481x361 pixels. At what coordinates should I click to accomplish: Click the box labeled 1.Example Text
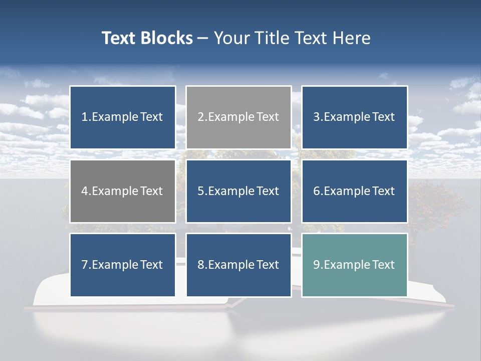pyautogui.click(x=123, y=117)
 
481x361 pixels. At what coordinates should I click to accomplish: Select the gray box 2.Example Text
pyautogui.click(x=238, y=117)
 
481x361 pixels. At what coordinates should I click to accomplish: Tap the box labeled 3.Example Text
pyautogui.click(x=354, y=117)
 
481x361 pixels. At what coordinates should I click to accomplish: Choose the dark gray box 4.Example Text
pyautogui.click(x=123, y=191)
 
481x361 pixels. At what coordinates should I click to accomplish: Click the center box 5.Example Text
pyautogui.click(x=238, y=191)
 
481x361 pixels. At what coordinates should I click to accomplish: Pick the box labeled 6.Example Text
pyautogui.click(x=354, y=191)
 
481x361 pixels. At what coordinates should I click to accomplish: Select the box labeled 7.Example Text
pyautogui.click(x=123, y=265)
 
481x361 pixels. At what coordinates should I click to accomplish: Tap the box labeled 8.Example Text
pyautogui.click(x=238, y=265)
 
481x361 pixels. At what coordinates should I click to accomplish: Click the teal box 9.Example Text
pyautogui.click(x=354, y=265)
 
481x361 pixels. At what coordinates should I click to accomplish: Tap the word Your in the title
pyautogui.click(x=232, y=38)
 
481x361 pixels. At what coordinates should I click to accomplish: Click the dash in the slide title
pyautogui.click(x=203, y=38)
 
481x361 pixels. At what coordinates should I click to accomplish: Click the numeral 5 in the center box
pyautogui.click(x=200, y=191)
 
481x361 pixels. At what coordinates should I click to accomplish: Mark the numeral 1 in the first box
pyautogui.click(x=84, y=117)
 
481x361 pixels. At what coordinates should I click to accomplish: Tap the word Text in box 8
pyautogui.click(x=268, y=265)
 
